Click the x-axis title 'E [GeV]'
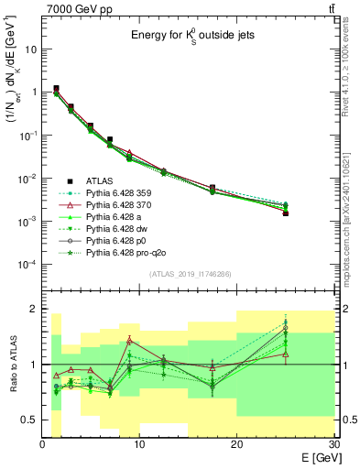(314, 456)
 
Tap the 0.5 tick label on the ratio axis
(29, 420)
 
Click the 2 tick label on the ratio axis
(34, 309)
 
